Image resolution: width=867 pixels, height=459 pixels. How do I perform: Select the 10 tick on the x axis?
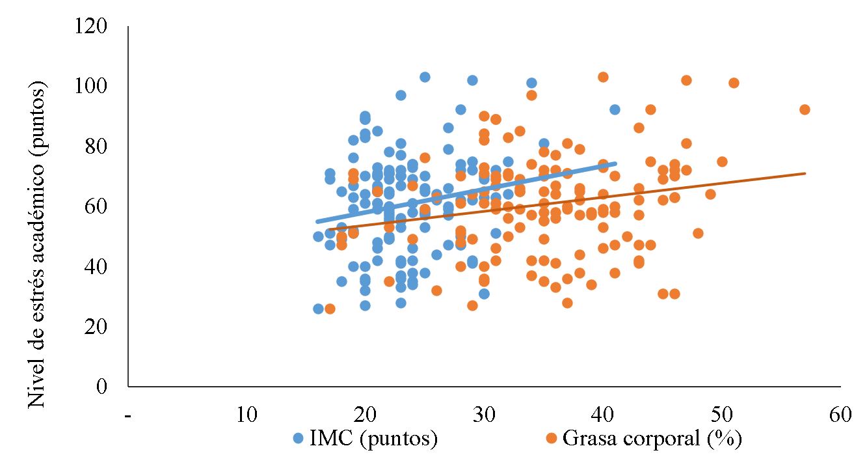247,415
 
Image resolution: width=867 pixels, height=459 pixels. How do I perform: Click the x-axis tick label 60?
840,415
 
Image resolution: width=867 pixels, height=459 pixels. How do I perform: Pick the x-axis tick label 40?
603,415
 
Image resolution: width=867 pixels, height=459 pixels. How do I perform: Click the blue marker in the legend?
299,439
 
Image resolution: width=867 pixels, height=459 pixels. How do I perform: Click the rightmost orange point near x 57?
805,109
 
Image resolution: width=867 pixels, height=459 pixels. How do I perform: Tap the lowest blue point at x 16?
318,309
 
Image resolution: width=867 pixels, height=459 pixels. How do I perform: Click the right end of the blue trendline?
615,163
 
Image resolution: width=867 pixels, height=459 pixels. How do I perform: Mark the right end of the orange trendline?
805,173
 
